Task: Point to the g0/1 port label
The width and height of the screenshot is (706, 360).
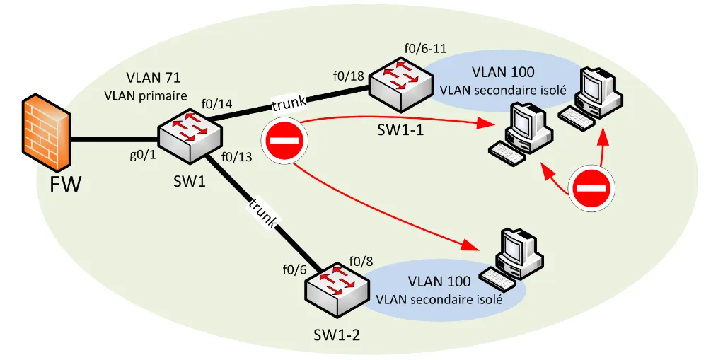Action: coord(144,157)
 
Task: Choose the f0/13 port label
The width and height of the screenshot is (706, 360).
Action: coord(237,157)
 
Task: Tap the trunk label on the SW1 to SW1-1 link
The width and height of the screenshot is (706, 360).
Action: coord(289,103)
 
